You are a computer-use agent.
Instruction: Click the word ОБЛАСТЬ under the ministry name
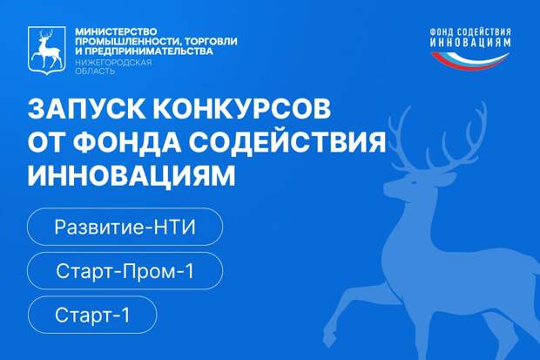tap(94, 72)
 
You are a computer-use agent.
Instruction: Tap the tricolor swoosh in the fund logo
tap(470, 60)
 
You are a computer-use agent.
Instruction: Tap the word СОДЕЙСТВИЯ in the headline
tap(289, 142)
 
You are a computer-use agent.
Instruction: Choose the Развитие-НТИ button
tap(125, 228)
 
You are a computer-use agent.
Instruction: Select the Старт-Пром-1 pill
tap(125, 272)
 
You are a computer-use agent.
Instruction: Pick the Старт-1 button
tap(91, 316)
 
